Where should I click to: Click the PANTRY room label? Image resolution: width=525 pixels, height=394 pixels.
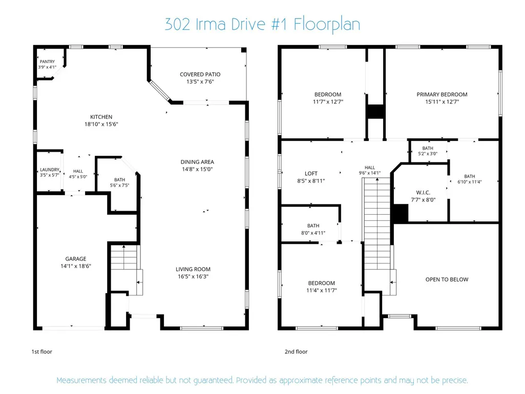coord(47,61)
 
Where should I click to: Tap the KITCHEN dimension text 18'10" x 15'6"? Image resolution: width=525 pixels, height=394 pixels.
coord(101,124)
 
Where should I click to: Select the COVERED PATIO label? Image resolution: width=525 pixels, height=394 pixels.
coord(200,74)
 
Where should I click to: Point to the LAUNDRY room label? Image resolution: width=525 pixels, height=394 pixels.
coord(50,170)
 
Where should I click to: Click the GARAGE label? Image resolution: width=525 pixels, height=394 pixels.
coord(76,259)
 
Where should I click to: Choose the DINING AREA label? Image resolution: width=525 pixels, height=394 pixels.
coord(197,162)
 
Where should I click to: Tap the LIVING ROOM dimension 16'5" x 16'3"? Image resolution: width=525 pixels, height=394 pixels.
coord(193,276)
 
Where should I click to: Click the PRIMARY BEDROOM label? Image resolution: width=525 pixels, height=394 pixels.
coord(442,94)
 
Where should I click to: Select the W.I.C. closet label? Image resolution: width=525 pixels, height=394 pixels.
coord(423,193)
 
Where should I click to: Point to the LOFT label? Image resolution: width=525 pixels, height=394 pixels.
coord(311,174)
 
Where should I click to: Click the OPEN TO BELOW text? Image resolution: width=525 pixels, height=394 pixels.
coord(447,279)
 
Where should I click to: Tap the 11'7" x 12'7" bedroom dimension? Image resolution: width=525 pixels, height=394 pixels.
coord(328,102)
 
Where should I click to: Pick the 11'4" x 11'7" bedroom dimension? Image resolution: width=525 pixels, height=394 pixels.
coord(322,291)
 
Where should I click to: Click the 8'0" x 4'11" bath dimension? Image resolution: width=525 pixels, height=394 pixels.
coord(313,233)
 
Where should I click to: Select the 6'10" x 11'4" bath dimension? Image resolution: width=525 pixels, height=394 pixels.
coord(470,182)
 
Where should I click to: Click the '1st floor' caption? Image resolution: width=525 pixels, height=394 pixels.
coord(42,351)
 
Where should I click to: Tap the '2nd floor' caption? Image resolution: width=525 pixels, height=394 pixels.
coord(296,351)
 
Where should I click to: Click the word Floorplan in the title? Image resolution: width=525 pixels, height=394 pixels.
coord(327,25)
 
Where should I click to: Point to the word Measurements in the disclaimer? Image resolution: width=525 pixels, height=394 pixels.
coord(81,380)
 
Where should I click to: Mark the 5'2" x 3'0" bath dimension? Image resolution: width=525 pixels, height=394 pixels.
coord(428,154)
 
